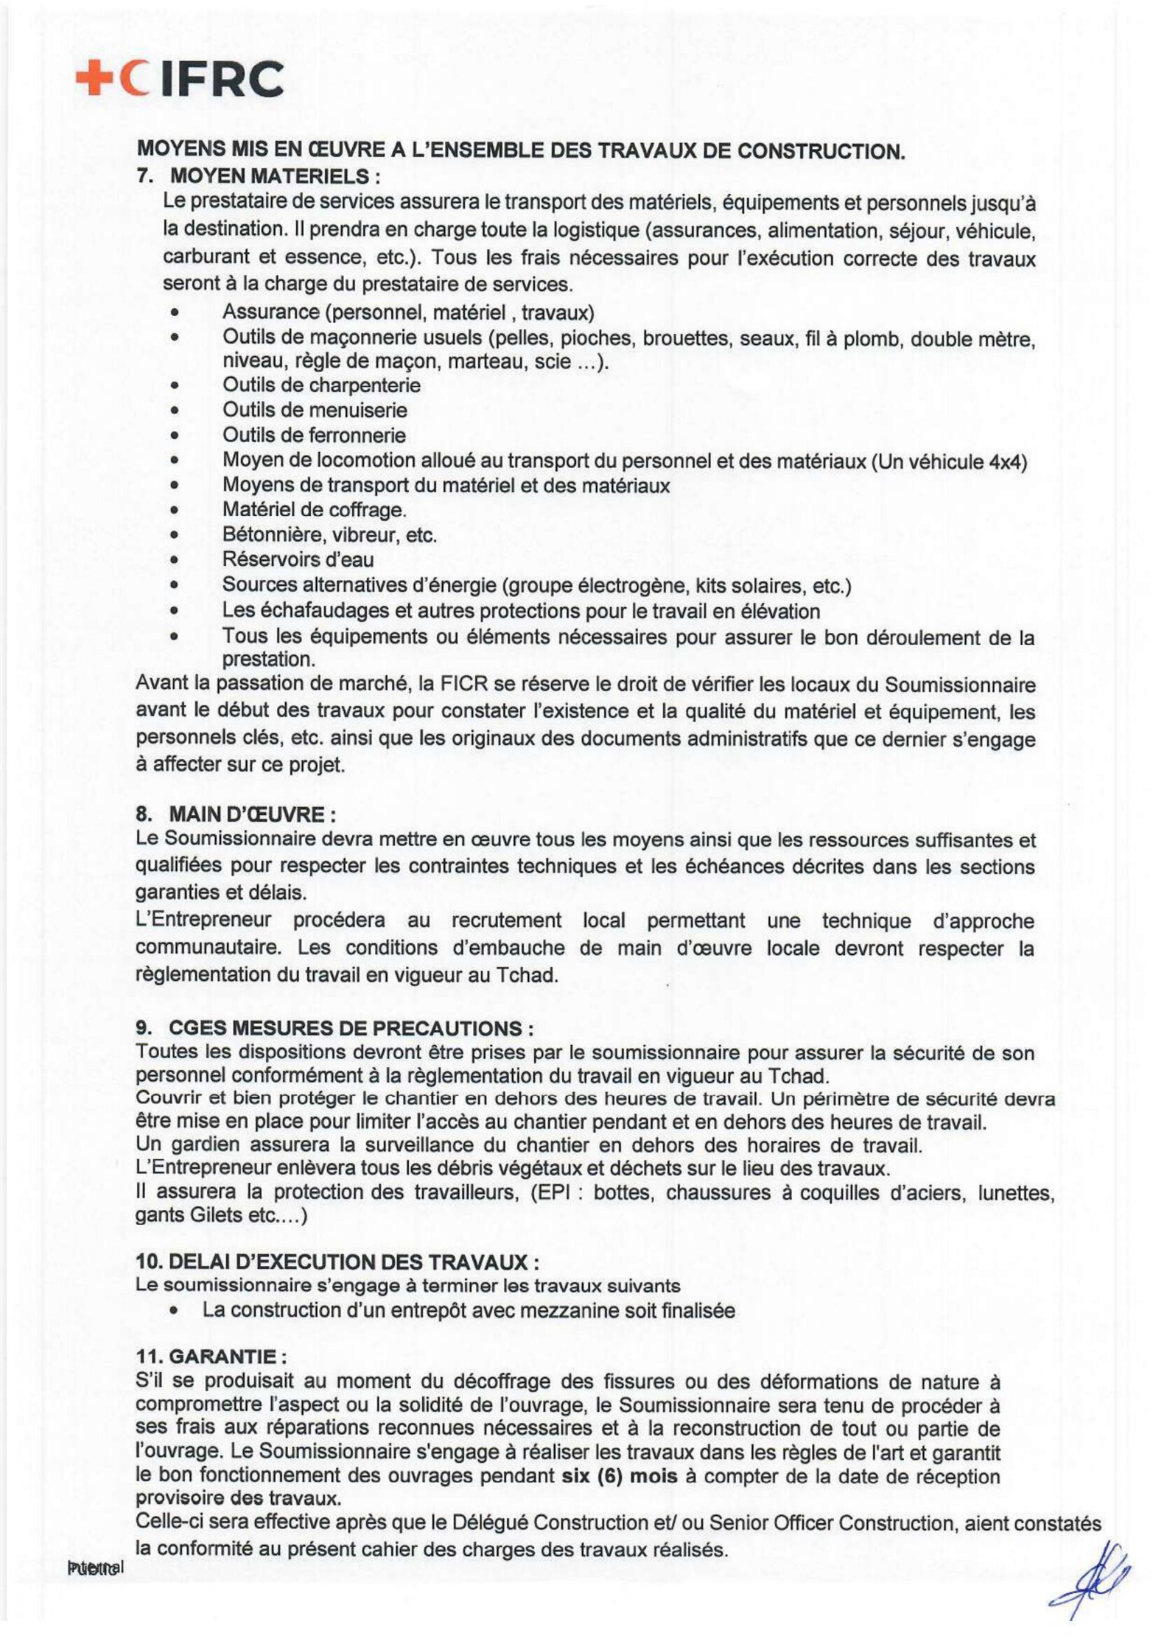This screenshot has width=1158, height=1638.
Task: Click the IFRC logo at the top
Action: coord(180,79)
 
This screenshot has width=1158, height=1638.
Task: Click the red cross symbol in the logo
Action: coord(95,79)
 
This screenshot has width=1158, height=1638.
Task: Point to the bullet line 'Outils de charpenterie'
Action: coord(321,386)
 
